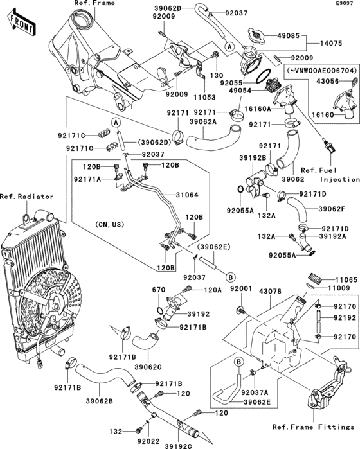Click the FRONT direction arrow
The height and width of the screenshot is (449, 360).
tap(21, 22)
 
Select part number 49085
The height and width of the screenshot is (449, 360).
tap(288, 36)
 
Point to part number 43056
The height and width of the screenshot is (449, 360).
tap(328, 82)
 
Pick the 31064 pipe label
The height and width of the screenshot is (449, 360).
tap(187, 195)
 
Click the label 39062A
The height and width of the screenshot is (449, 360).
tap(203, 122)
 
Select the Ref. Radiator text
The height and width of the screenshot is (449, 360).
tap(27, 197)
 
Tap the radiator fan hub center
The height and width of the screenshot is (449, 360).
tap(55, 304)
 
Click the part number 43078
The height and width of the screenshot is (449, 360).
tap(270, 292)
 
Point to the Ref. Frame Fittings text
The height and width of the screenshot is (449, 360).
tap(313, 427)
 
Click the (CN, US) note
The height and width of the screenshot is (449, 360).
tap(110, 225)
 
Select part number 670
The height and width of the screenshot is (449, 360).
tap(159, 290)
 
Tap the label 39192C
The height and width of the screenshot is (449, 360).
tap(178, 446)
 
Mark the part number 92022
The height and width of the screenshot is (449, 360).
tap(148, 441)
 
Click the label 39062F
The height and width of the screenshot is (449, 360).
tap(332, 209)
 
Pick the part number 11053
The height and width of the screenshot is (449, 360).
tap(204, 98)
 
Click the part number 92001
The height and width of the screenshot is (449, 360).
tap(241, 288)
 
